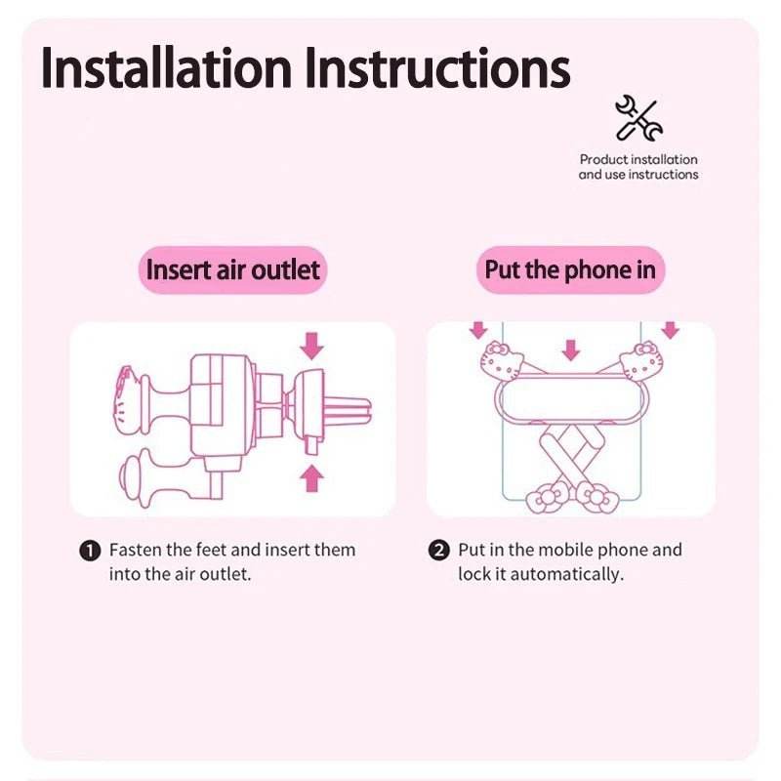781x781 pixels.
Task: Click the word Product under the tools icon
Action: (x=604, y=159)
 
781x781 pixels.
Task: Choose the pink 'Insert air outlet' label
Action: (x=232, y=269)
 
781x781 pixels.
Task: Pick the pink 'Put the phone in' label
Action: (x=570, y=269)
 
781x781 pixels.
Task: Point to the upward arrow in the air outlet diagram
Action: (x=311, y=477)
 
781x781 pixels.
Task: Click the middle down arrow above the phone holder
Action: (x=571, y=349)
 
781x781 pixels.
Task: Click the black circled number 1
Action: (x=89, y=551)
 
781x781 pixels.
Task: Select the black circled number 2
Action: (x=439, y=551)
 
